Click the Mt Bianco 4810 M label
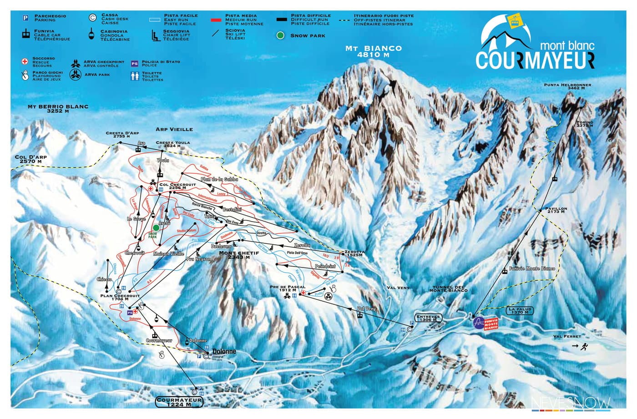[x=373, y=51]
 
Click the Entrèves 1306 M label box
[x=428, y=318]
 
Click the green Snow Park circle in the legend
[x=282, y=35]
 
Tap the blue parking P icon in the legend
[x=26, y=18]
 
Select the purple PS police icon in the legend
[x=134, y=64]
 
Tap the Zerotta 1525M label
[x=354, y=253]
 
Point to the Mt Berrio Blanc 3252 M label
[x=57, y=109]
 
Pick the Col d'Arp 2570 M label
[x=31, y=159]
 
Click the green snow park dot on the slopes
[x=156, y=227]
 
